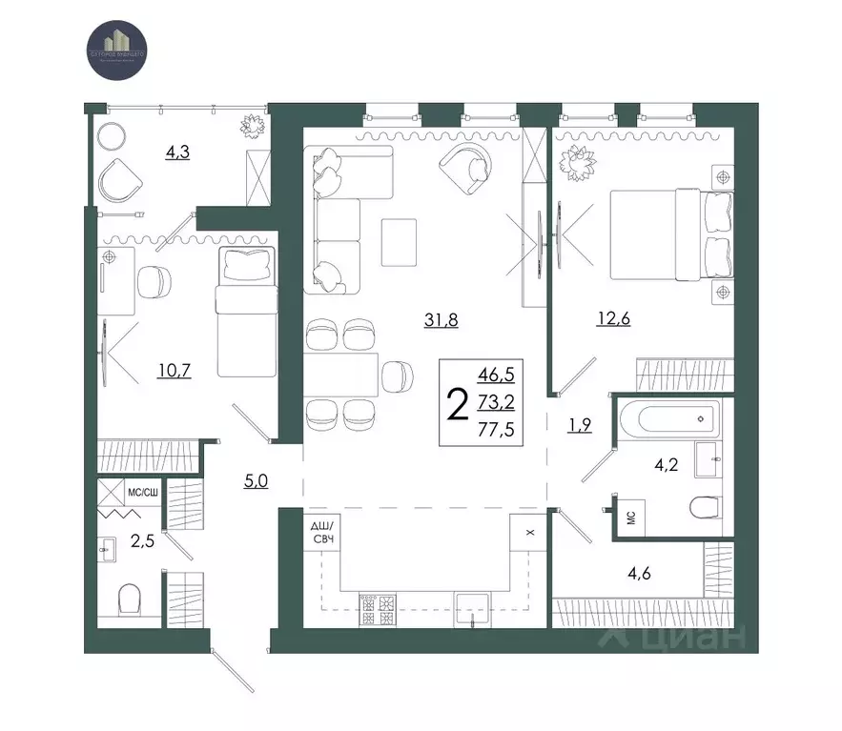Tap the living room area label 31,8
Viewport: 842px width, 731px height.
tap(442, 320)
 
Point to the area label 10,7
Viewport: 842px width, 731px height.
tap(175, 370)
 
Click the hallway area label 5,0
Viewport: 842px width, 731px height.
tap(255, 479)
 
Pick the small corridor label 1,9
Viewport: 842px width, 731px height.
tap(580, 425)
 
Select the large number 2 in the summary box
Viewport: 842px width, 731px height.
tap(458, 404)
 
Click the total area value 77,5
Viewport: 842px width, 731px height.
tap(496, 429)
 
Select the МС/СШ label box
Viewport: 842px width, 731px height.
tap(142, 493)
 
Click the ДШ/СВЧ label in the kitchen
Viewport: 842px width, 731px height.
tap(320, 535)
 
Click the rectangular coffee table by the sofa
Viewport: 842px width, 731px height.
tap(399, 242)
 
